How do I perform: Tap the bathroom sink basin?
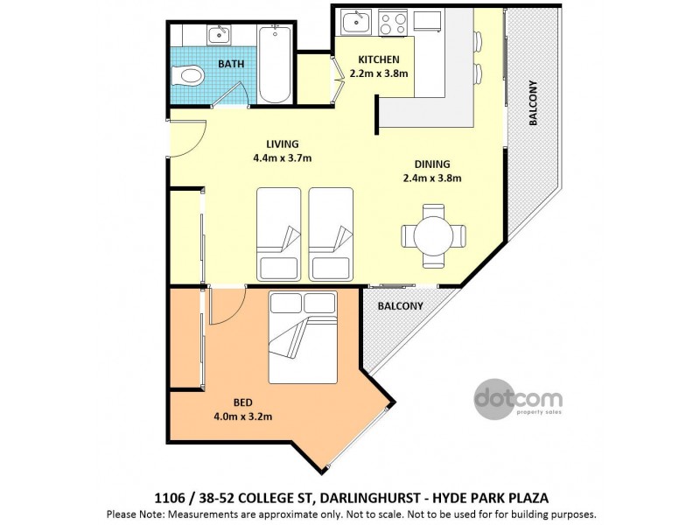tap(217, 35)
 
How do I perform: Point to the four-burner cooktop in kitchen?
tap(393, 21)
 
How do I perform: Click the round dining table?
tap(432, 235)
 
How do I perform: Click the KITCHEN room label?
tap(378, 60)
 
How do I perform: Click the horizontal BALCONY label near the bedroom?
tap(400, 306)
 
